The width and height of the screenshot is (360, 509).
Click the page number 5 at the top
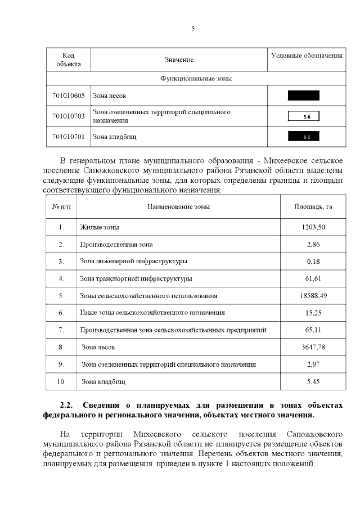coord(192,29)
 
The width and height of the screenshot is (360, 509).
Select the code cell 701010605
coord(68,96)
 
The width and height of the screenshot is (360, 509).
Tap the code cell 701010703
coord(68,116)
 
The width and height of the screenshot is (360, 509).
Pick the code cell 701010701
coord(68,136)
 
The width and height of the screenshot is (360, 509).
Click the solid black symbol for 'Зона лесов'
coord(303,96)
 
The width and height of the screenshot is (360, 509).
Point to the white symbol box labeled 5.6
coord(303,116)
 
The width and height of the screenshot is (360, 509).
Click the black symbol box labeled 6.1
coord(303,136)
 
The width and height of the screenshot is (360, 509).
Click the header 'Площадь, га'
coord(313,206)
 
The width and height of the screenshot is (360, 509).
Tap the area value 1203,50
coord(313,227)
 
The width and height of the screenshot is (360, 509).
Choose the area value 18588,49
coord(313,295)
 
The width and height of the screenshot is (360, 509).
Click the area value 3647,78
coord(313,347)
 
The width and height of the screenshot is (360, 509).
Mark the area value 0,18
coord(313,262)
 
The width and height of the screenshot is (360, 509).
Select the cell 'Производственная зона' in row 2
coord(116,245)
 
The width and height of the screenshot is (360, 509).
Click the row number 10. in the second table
coord(61,381)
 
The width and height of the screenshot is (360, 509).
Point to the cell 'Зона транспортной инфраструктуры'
coord(136,278)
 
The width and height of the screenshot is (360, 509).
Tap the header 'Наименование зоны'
coord(178,206)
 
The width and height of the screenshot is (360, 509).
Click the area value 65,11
coord(313,330)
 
